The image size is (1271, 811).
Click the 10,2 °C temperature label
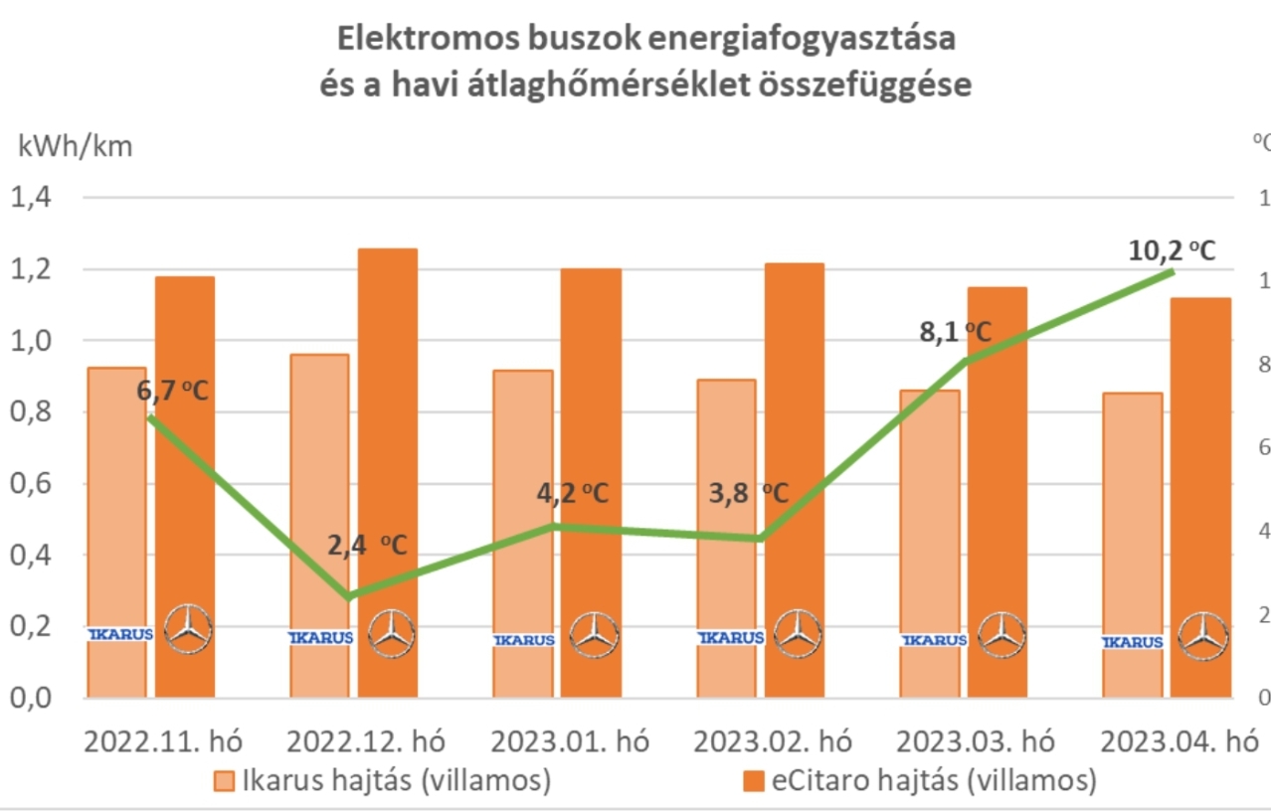coord(1173,250)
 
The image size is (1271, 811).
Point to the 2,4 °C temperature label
coord(367,545)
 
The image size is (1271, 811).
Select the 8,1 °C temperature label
coord(953,331)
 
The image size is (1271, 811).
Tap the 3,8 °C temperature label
coord(748,493)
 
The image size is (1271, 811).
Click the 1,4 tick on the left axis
coord(31,198)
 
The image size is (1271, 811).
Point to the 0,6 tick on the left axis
coord(31,484)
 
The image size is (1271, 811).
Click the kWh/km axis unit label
coord(75,145)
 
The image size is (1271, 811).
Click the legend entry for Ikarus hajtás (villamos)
coord(384,780)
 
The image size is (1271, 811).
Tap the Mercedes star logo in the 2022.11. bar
coord(187,629)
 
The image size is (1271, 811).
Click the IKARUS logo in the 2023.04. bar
coord(1133,642)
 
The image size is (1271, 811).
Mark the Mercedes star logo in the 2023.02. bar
coord(798,633)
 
